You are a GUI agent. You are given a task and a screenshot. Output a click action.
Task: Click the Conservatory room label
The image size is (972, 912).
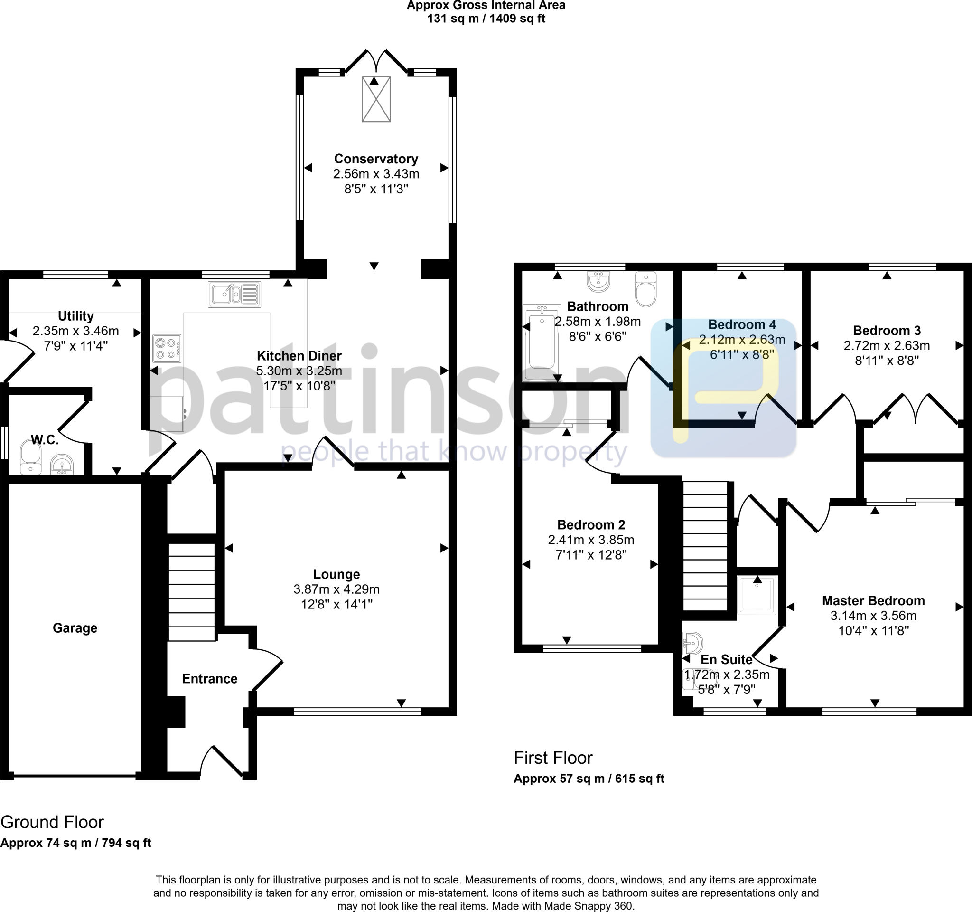pos(375,159)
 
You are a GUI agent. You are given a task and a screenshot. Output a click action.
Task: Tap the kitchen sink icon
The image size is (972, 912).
pos(234,294)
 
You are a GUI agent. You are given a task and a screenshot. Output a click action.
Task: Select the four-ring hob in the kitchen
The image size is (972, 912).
pos(167,348)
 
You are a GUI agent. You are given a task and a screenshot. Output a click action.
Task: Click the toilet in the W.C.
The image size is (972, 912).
pos(31,457)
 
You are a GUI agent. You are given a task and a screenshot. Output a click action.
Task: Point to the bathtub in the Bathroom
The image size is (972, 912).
pos(541,343)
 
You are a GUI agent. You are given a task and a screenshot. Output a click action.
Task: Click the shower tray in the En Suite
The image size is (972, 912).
pos(757,595)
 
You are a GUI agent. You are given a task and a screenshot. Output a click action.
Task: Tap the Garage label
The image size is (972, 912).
pos(75,628)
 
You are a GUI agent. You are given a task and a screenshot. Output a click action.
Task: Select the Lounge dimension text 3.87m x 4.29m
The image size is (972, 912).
pos(336,589)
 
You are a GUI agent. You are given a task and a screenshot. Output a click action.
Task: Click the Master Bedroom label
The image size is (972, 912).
pos(873,600)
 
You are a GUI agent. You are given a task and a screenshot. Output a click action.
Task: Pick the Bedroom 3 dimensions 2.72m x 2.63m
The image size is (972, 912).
pos(887,346)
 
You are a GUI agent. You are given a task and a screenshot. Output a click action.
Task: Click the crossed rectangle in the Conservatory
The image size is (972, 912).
pos(376,99)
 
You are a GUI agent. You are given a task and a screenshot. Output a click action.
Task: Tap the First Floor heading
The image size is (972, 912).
pos(552,758)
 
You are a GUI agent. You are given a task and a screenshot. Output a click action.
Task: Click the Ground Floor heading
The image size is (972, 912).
pos(52,822)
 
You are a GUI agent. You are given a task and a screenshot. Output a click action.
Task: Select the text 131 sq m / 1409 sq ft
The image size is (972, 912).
pos(486,19)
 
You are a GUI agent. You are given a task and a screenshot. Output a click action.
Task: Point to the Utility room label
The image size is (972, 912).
pos(76,315)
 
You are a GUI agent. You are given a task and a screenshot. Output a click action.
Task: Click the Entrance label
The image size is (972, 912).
pos(209,679)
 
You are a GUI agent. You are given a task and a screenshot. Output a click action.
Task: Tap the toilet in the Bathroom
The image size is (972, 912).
pos(646,290)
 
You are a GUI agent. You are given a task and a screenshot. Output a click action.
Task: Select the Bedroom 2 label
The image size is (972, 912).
pos(590,524)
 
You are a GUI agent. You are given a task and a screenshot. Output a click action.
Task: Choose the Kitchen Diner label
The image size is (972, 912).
pos(299,356)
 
